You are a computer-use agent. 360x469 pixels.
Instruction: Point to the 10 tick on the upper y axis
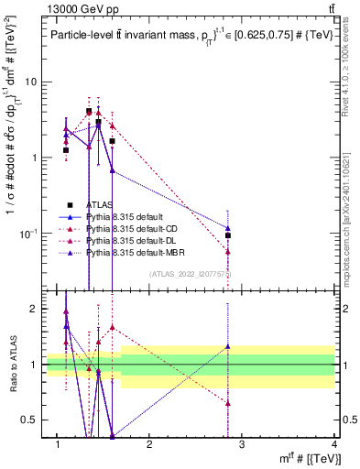pyautogui.click(x=31, y=82)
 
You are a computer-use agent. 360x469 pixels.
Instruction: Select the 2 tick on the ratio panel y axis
pyautogui.click(x=33, y=309)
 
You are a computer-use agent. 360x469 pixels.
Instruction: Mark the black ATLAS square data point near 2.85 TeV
pyautogui.click(x=228, y=235)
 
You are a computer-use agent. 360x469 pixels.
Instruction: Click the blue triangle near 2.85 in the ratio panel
pyautogui.click(x=228, y=346)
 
